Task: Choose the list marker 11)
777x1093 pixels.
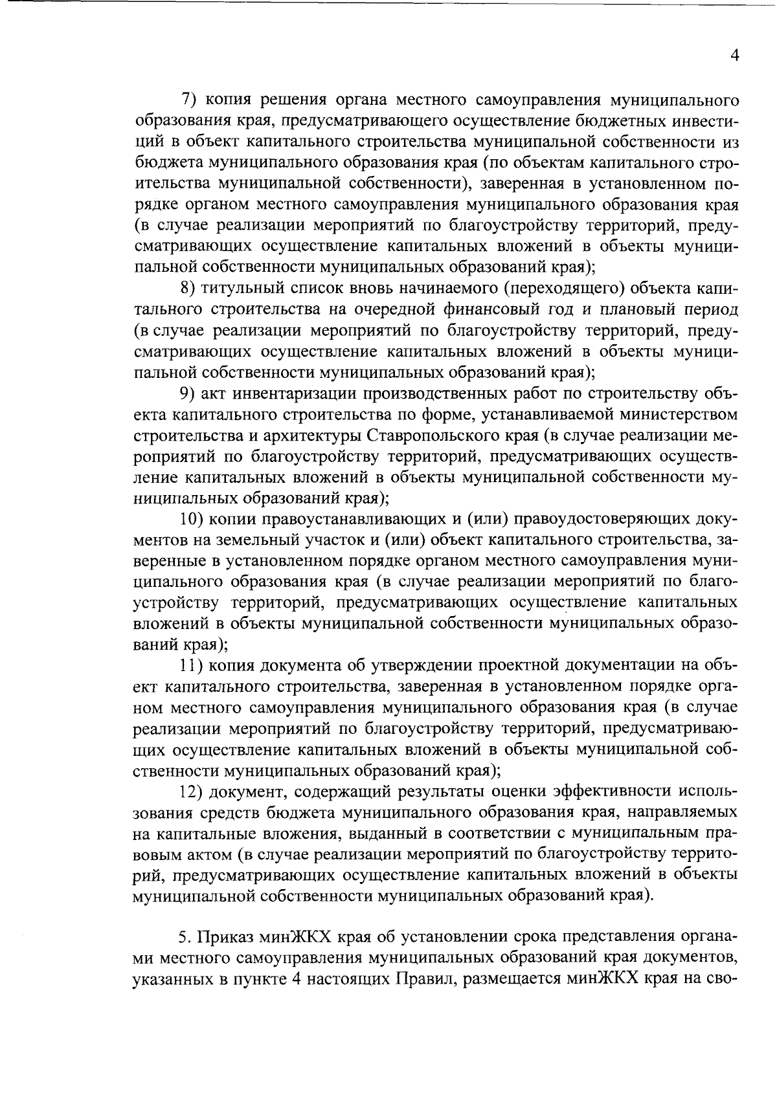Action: point(192,666)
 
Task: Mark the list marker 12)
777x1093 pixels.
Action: point(192,791)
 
